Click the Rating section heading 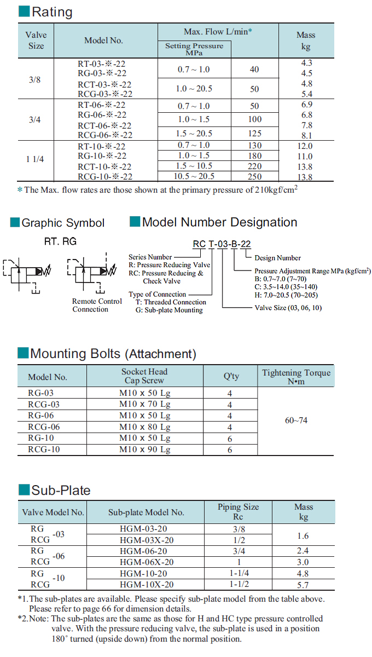pyautogui.click(x=51, y=11)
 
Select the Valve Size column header pyautogui.click(x=36, y=40)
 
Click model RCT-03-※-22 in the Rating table pyautogui.click(x=104, y=84)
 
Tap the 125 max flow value pyautogui.click(x=254, y=134)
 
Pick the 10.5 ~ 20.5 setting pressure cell pyautogui.click(x=194, y=176)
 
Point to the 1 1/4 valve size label pyautogui.click(x=36, y=159)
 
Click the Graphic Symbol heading pyautogui.click(x=62, y=223)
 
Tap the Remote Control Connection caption pyautogui.click(x=97, y=306)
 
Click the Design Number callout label pyautogui.click(x=277, y=258)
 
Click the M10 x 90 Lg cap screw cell pyautogui.click(x=144, y=449)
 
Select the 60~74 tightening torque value pyautogui.click(x=296, y=420)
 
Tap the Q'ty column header pyautogui.click(x=231, y=376)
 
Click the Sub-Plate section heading pyautogui.click(x=60, y=490)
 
